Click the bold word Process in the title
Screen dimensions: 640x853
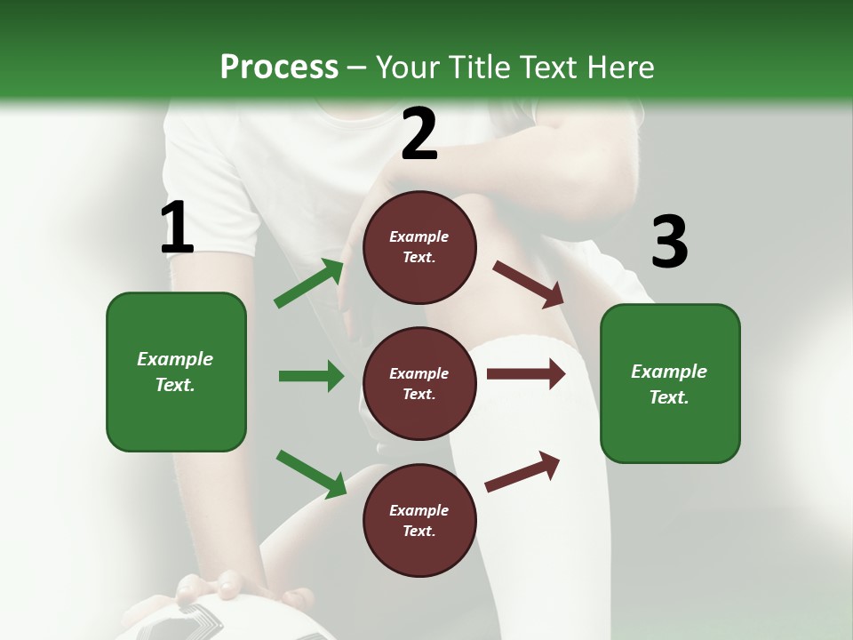279,68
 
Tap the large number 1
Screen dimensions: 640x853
177,229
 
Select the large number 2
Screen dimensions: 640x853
419,135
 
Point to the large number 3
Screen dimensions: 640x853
669,244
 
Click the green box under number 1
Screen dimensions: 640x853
176,372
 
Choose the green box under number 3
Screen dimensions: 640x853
670,383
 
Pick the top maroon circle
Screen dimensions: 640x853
419,247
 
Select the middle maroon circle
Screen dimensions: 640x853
419,383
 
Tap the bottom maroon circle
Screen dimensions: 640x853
419,520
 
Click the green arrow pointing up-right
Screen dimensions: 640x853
309,283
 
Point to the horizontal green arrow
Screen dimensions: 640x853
311,376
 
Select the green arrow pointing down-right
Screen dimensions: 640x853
311,474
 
